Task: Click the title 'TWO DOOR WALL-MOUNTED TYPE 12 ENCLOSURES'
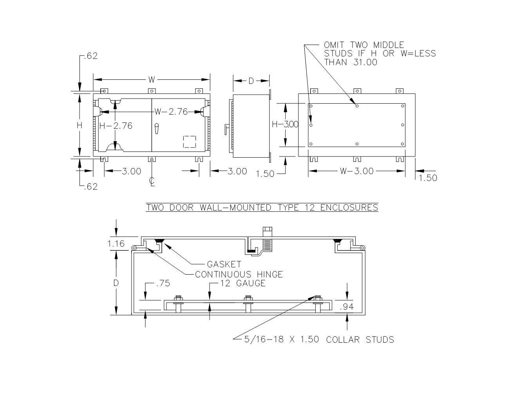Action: coord(262,207)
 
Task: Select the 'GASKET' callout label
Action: coord(224,264)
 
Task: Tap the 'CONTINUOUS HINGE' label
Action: coord(239,274)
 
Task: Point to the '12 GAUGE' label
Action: coord(243,284)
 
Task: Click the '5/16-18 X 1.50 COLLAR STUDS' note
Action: coord(319,340)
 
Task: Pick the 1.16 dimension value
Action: coord(116,244)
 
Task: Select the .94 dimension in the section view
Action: coord(346,307)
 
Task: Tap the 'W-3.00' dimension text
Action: coord(356,171)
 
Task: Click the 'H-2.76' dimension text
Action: coord(116,126)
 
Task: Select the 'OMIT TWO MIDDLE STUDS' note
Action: coord(379,54)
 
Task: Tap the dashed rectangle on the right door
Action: coord(190,142)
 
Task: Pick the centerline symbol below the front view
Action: coord(152,181)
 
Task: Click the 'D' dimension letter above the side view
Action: coord(251,81)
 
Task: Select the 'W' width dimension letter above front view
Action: coord(152,80)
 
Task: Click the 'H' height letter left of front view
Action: coord(80,126)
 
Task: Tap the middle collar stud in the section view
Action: coord(248,303)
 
